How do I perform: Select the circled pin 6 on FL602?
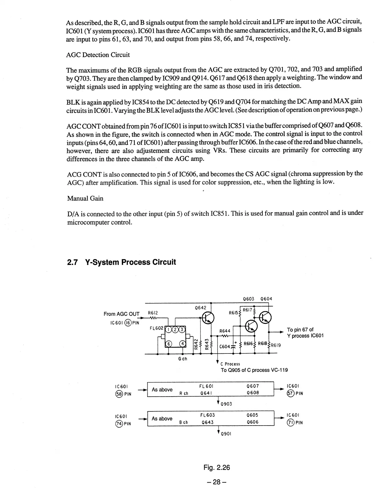point(169,344)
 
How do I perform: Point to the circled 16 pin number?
point(128,322)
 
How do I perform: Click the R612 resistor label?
point(153,313)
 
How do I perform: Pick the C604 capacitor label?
point(224,346)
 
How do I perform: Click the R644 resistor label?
point(225,331)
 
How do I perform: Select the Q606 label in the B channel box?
point(253,422)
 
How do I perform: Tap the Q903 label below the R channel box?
point(226,404)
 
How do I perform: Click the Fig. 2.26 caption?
point(217,467)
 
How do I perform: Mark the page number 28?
point(217,482)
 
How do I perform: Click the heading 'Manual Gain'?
point(85,198)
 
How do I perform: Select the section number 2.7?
point(73,262)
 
